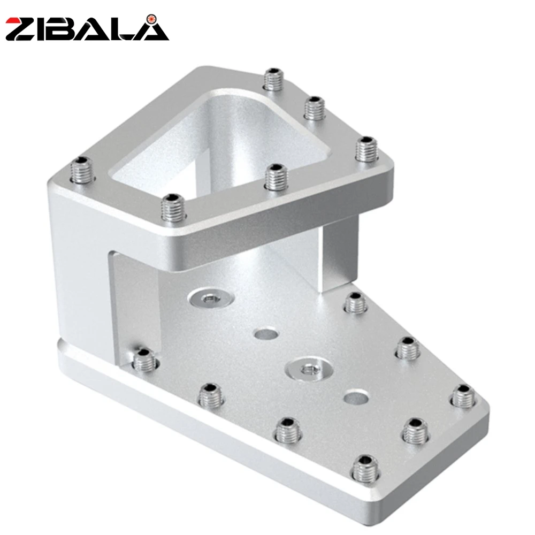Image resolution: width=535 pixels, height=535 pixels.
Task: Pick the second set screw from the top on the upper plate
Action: (x=314, y=108)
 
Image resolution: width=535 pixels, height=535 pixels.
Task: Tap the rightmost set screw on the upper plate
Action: (x=366, y=149)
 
